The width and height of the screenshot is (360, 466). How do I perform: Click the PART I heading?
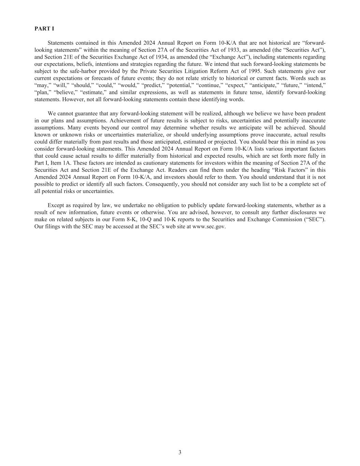tap(44, 29)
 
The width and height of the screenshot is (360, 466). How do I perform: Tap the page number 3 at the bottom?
tap(180, 453)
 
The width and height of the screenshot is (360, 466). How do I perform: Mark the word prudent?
tap(316, 113)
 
